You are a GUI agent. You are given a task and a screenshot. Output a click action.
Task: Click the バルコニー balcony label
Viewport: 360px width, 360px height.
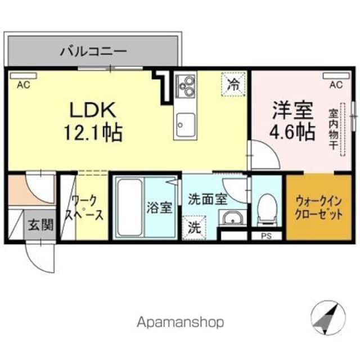pos(93,51)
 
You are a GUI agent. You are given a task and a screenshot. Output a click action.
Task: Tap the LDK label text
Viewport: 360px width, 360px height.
pos(92,110)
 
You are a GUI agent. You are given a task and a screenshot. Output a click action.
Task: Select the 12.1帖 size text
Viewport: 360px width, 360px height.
pos(93,133)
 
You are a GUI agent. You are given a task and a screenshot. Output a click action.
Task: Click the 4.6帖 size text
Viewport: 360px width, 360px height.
pos(292,133)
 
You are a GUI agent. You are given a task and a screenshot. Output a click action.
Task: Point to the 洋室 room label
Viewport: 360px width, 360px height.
pos(292,110)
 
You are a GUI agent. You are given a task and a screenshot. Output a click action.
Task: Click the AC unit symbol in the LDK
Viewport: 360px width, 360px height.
pos(23,76)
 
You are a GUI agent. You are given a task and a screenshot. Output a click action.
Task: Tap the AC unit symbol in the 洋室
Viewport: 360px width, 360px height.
pos(336,76)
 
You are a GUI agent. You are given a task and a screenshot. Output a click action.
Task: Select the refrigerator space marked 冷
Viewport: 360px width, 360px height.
pos(233,84)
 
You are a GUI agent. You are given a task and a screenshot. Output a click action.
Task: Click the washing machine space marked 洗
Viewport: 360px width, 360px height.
pos(195,228)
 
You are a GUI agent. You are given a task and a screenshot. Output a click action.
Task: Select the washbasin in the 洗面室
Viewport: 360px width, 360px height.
pos(232,218)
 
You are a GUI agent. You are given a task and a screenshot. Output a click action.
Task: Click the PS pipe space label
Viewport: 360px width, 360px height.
pos(267,236)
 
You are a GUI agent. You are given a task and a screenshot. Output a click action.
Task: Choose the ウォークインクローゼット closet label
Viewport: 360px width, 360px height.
pos(319,208)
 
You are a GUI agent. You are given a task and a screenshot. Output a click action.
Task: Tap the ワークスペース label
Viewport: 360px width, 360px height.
pos(84,208)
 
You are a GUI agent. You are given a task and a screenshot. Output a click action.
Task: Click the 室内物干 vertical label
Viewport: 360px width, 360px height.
pos(333,129)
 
